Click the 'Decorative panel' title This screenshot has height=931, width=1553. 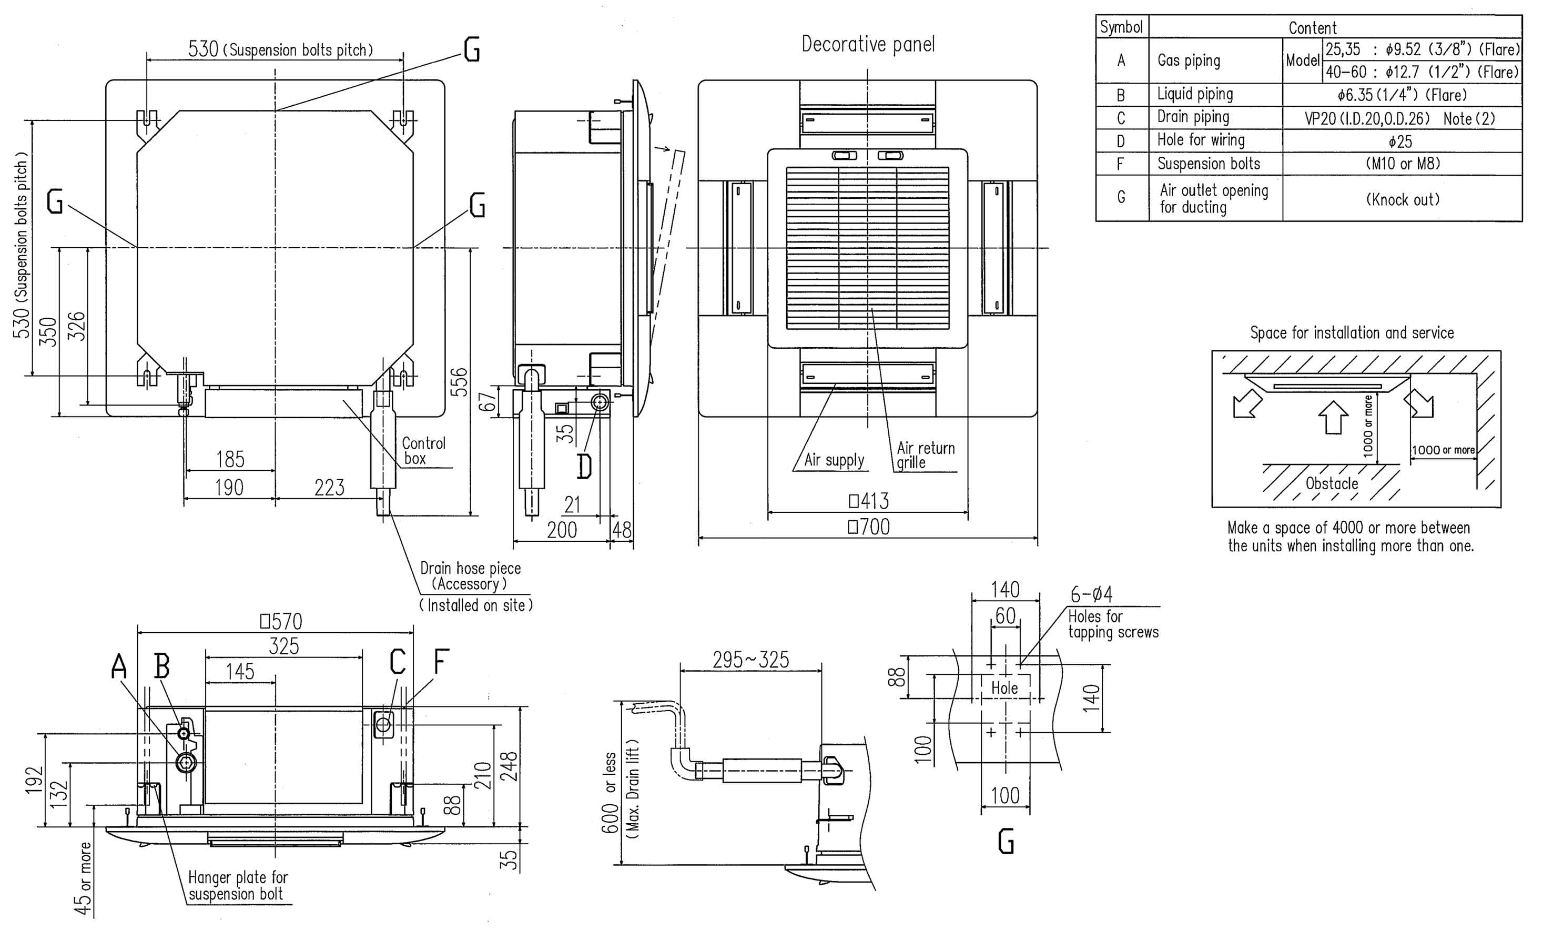pos(868,45)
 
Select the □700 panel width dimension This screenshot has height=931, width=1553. pos(869,527)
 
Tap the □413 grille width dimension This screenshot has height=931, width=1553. pos(869,501)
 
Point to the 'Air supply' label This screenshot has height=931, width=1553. pos(834,460)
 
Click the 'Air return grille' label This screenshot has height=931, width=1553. pos(925,456)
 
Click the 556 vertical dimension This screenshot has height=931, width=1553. pos(460,381)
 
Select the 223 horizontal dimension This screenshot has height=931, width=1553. pos(329,488)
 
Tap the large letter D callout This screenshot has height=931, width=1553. pos(584,465)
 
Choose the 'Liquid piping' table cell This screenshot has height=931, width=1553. pos(1195,94)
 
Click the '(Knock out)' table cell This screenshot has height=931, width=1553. pos(1403,199)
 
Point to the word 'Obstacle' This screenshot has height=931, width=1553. pos(1332,484)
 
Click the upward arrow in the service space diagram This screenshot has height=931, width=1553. pos(1333,417)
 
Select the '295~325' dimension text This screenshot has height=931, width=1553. pos(751,660)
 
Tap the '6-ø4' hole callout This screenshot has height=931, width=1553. pos(1091,594)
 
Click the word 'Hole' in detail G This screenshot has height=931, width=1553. pos(1004,688)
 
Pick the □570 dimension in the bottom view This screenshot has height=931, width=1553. pos(281,622)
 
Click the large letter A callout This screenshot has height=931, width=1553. pos(119,665)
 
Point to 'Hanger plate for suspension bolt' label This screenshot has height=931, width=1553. pos(238,886)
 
